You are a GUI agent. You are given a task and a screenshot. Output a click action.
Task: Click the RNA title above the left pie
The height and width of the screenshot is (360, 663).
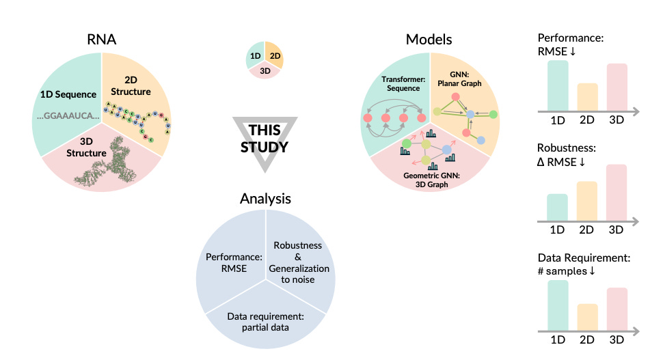pos(100,40)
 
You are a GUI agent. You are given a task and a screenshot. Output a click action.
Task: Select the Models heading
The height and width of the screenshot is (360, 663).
pos(429,40)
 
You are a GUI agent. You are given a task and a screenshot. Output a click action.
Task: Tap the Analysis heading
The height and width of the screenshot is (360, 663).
pos(265,199)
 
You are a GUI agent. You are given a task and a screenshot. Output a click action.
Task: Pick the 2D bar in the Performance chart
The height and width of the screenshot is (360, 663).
pos(587,96)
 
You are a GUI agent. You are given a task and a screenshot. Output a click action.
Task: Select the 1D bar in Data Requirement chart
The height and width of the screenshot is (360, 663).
pos(558,301)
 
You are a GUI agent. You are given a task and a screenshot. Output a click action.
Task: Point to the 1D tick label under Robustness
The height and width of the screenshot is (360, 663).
pos(558,232)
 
